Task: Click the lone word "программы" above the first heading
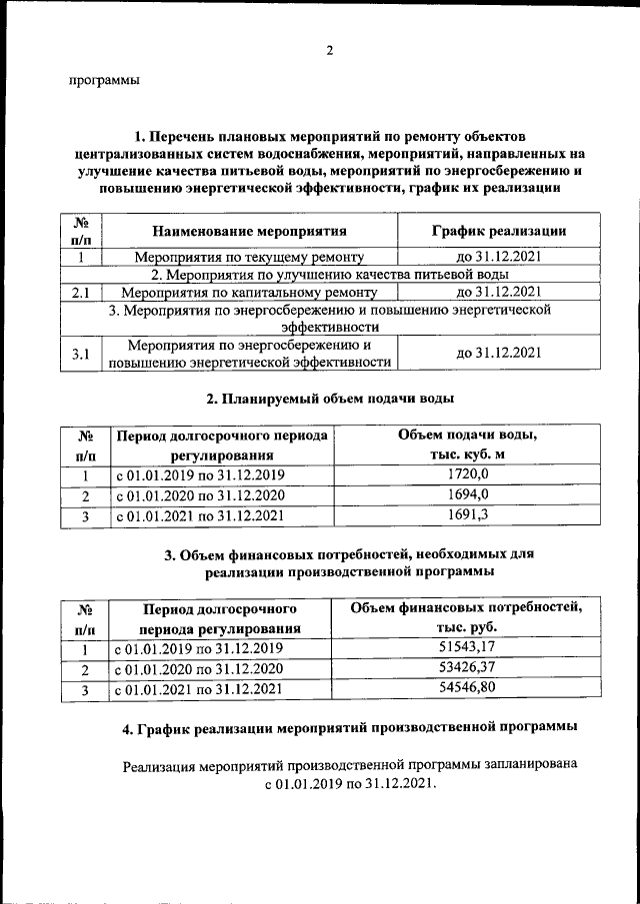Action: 104,81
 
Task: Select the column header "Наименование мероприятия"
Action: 249,231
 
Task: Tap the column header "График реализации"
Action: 499,231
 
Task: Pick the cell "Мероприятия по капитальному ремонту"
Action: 249,293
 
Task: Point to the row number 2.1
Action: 82,293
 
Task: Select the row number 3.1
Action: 82,353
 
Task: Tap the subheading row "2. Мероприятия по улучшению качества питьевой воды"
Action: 329,274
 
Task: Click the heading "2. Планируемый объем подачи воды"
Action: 329,400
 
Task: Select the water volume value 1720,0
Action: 468,474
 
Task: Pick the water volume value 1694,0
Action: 468,494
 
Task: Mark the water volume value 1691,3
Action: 468,515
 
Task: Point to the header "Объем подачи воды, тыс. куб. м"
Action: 468,446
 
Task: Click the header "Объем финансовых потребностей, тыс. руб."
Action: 466,617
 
